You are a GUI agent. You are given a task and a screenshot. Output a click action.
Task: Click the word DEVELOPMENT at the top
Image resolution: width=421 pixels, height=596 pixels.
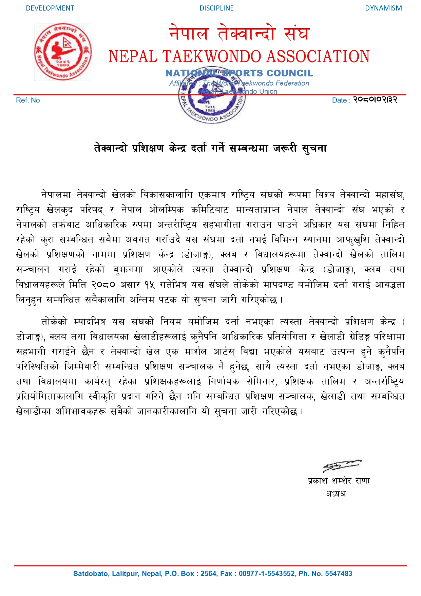(x=50, y=8)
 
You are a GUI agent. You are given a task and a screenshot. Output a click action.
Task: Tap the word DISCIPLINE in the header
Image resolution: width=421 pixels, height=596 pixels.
(x=216, y=8)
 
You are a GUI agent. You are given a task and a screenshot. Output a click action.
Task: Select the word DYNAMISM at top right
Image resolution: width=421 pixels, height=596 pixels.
(x=383, y=8)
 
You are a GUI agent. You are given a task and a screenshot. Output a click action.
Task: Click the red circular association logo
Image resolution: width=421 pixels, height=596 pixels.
(x=63, y=52)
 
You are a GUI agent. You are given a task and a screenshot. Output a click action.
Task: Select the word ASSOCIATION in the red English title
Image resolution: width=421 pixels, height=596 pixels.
(x=318, y=56)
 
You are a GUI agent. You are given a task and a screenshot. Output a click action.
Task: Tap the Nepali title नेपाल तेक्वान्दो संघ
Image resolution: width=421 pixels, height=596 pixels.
(x=239, y=33)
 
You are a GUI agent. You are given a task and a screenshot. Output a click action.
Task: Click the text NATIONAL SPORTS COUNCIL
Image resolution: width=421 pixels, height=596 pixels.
(x=239, y=73)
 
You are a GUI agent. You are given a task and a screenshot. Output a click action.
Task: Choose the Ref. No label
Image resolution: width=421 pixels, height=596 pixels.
(x=28, y=100)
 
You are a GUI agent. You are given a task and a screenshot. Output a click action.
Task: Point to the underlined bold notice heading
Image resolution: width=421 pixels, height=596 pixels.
(x=210, y=148)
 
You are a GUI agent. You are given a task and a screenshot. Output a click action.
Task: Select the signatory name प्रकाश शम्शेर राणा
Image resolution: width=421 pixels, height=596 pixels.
(x=339, y=481)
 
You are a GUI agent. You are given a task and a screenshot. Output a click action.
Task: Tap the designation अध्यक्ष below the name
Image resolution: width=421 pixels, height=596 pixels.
(x=336, y=494)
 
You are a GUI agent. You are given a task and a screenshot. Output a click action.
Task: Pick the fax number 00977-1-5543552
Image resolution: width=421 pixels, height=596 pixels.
(x=267, y=574)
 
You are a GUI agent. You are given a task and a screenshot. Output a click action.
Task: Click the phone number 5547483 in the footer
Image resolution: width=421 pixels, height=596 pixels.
(x=338, y=574)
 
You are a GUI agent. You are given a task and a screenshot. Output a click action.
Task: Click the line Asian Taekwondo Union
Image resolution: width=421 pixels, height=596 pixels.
(x=239, y=91)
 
